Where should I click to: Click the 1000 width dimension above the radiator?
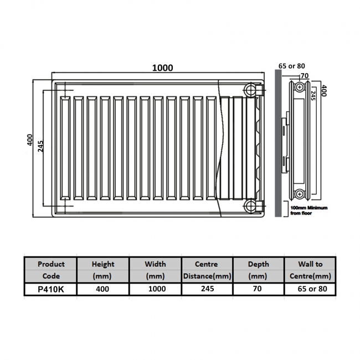163,68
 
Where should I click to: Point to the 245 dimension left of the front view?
41,145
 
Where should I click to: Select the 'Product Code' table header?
50,270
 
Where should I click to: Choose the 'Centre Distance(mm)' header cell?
206,270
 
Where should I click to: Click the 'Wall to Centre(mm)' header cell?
310,270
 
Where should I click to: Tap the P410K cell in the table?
50,289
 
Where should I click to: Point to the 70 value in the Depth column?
258,289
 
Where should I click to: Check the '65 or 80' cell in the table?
310,289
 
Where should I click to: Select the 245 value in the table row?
206,289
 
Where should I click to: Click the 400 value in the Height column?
102,289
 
